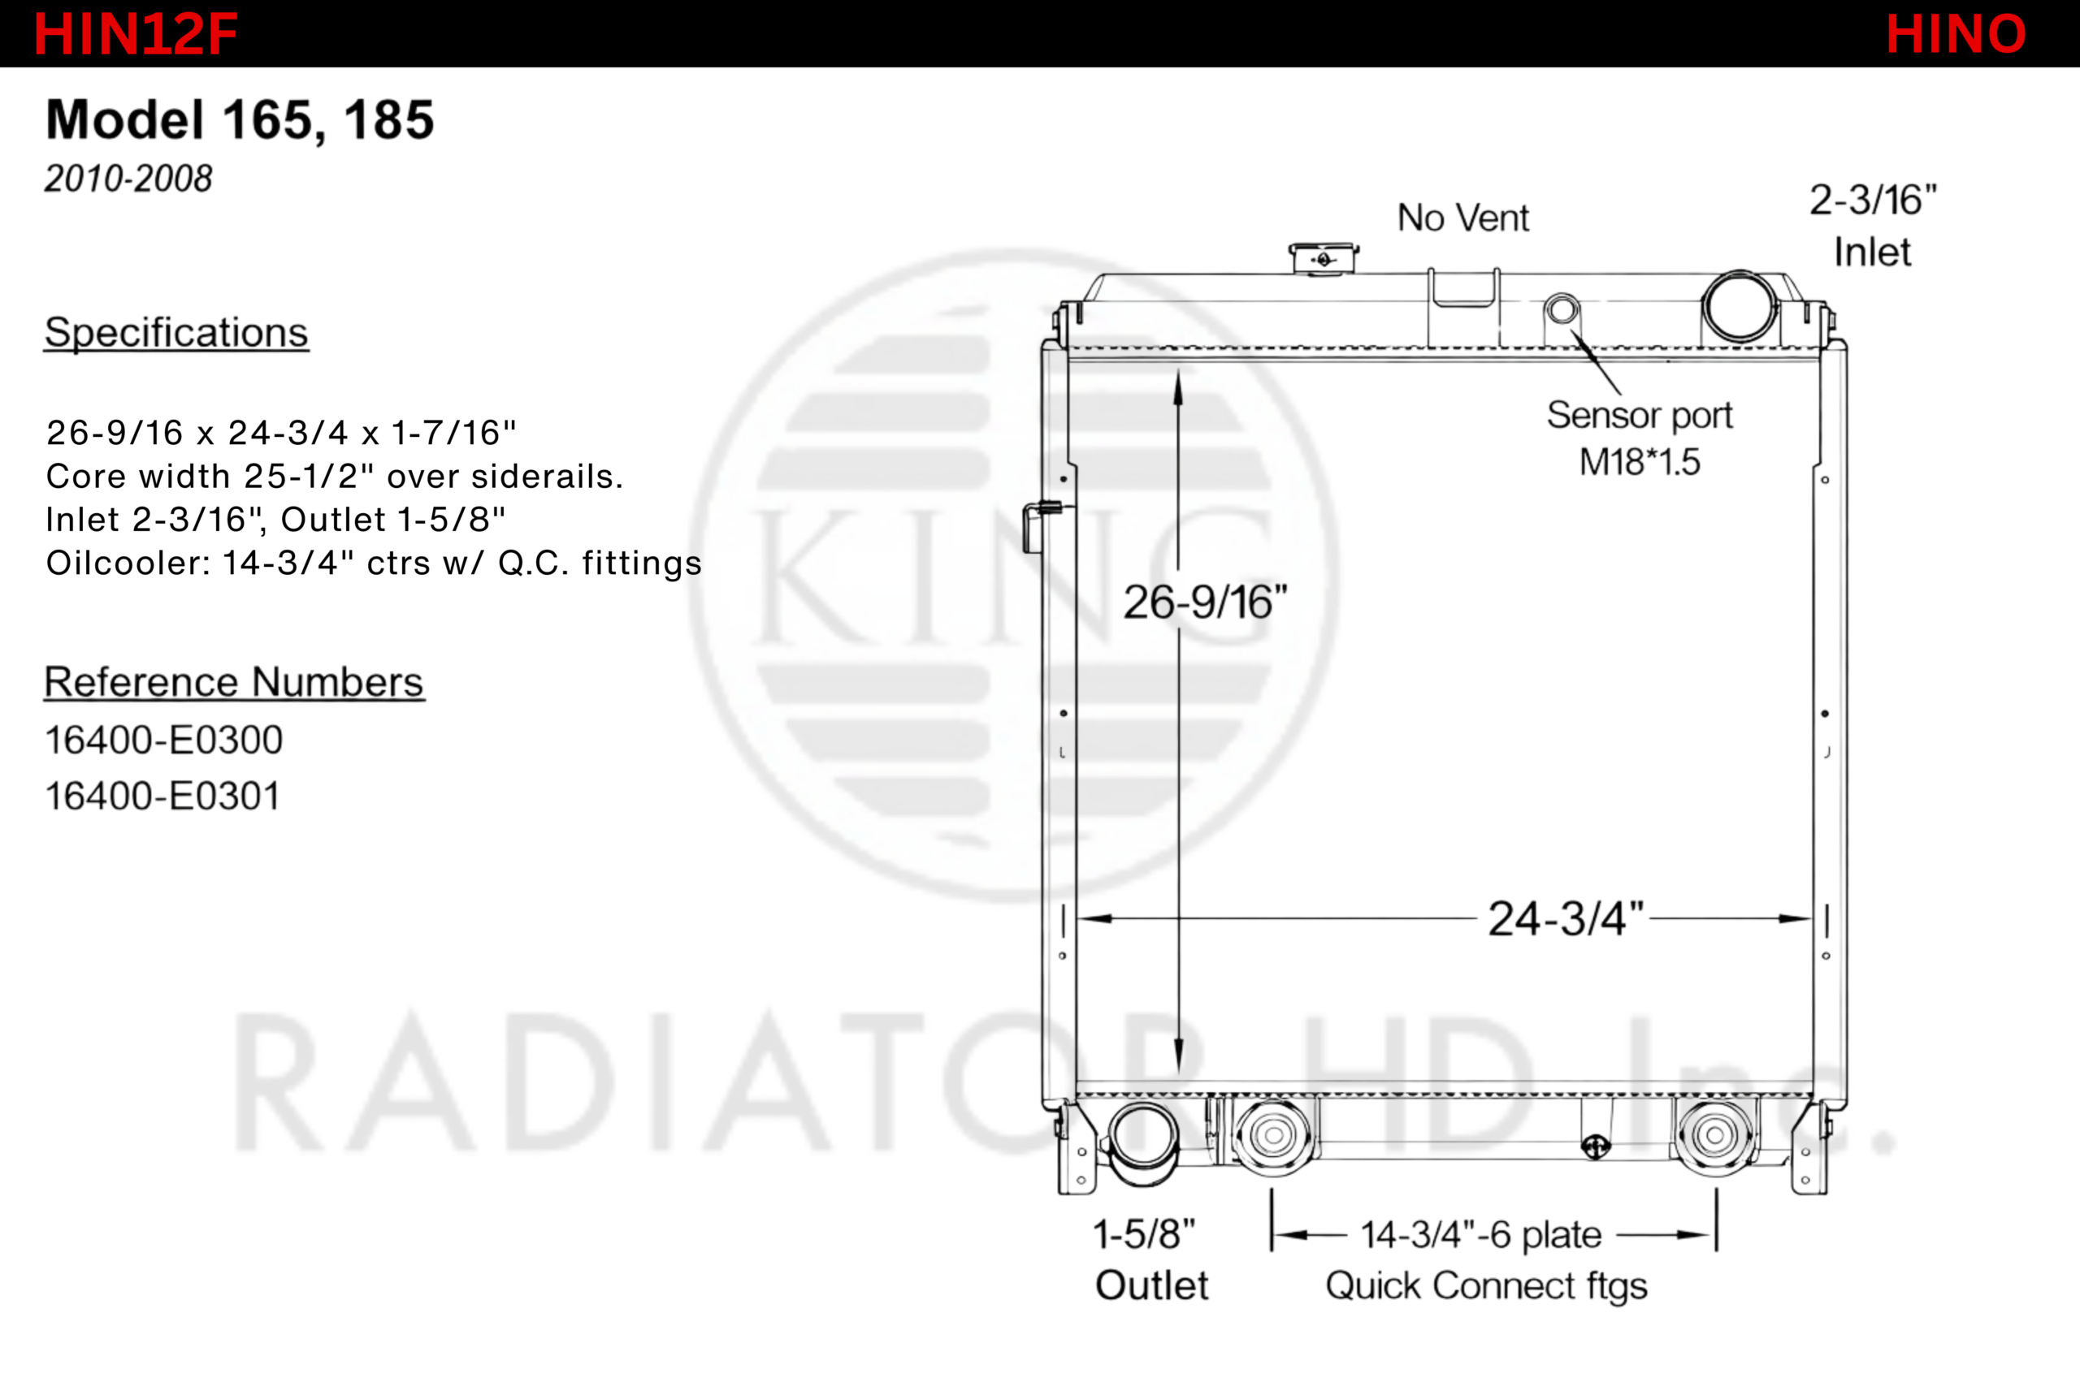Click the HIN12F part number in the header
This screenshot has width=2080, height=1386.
[x=136, y=34]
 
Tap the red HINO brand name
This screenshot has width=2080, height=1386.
[x=1956, y=34]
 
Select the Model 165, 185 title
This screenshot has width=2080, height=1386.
[x=240, y=120]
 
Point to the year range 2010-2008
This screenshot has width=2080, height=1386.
[x=128, y=179]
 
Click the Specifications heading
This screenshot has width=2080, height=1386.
[x=176, y=332]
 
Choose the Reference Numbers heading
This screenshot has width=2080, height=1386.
[x=234, y=682]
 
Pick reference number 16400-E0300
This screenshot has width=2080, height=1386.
[x=163, y=740]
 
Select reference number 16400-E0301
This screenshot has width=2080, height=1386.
[x=162, y=796]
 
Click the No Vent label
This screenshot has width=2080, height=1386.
[x=1462, y=218]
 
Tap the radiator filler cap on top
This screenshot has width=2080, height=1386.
[x=1323, y=258]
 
